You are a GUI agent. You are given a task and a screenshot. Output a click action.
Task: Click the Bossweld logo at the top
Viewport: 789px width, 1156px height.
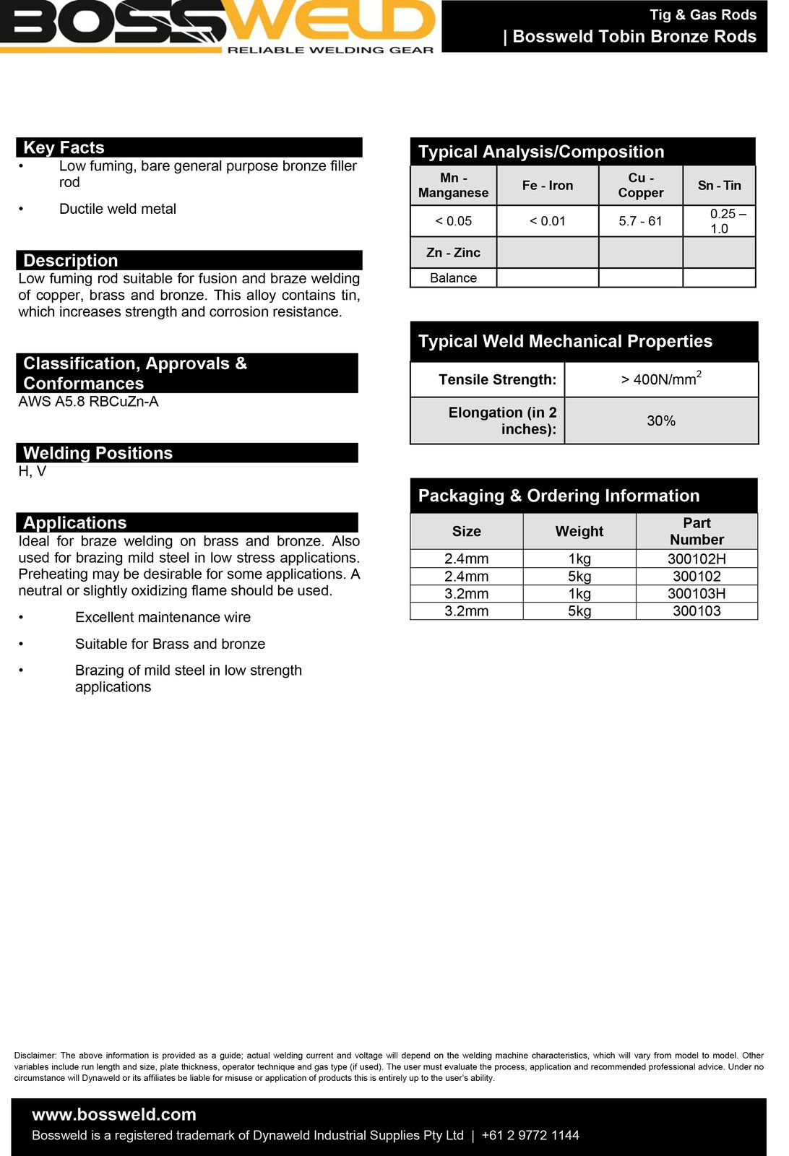click(x=217, y=26)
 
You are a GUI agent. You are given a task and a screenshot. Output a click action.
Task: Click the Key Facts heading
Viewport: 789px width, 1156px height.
click(x=64, y=147)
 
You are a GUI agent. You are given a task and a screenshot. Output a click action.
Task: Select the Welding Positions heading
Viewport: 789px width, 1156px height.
click(x=98, y=453)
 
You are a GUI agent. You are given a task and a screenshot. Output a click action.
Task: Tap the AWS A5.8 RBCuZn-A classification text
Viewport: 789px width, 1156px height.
click(x=88, y=402)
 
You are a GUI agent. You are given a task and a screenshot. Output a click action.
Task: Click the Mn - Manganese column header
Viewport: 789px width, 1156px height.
click(x=453, y=186)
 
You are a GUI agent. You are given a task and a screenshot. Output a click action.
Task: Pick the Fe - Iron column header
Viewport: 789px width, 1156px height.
click(x=548, y=186)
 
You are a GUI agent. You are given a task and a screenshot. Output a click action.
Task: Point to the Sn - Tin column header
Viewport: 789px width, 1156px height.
click(x=719, y=186)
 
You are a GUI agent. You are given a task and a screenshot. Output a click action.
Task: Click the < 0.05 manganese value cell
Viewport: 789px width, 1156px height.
click(x=453, y=221)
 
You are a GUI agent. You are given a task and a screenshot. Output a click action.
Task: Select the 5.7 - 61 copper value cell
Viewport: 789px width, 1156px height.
click(x=640, y=221)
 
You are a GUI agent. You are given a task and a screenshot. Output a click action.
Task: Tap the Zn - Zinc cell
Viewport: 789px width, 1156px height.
click(x=453, y=253)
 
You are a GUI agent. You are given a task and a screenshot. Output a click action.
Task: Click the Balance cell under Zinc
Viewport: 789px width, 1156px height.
click(x=453, y=278)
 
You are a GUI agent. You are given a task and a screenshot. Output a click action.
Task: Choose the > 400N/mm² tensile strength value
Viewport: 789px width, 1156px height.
click(x=660, y=379)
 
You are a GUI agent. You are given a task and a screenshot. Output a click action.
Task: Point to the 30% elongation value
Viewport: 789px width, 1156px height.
click(x=660, y=420)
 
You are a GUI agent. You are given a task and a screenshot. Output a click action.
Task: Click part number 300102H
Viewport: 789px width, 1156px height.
click(x=697, y=559)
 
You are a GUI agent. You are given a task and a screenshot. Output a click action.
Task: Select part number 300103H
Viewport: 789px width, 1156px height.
click(x=697, y=594)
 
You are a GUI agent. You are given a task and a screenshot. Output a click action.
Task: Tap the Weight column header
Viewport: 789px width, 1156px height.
click(x=579, y=532)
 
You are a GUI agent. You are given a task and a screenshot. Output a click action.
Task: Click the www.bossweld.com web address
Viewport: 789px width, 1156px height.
click(x=114, y=1115)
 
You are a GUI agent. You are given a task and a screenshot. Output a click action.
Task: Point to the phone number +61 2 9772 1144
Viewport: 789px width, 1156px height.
click(x=530, y=1136)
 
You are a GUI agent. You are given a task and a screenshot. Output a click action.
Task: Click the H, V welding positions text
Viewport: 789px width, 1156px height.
click(x=33, y=472)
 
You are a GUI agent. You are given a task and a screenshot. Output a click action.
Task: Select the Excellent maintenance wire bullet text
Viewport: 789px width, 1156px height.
click(x=163, y=618)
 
